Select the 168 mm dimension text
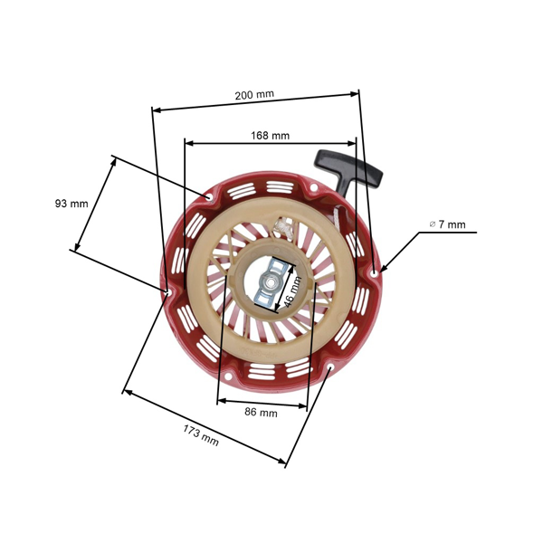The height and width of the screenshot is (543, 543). [270, 136]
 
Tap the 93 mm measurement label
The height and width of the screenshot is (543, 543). [71, 204]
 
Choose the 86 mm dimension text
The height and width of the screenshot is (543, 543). [262, 413]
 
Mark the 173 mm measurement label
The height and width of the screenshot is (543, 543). [200, 434]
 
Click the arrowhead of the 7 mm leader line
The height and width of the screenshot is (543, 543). [384, 268]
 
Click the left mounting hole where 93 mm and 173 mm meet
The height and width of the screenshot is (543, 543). [169, 291]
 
